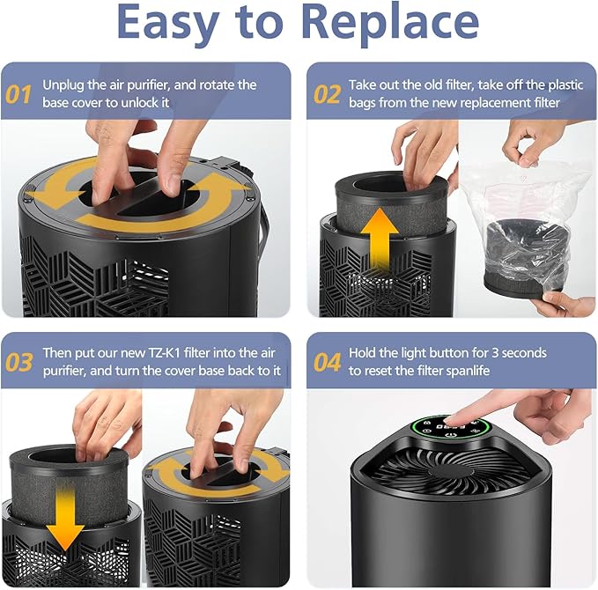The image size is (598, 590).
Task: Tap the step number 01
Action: (18, 94)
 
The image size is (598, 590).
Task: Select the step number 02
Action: (327, 94)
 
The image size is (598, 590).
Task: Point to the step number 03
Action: (19, 362)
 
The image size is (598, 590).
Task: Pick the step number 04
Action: (328, 362)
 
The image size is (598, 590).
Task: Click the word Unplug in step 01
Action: (63, 85)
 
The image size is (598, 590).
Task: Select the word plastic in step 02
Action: (566, 85)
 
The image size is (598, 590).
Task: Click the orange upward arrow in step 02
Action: (379, 237)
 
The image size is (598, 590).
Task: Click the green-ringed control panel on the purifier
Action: (450, 431)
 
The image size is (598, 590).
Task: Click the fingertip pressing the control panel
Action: (451, 421)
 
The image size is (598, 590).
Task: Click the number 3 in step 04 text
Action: (495, 353)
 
